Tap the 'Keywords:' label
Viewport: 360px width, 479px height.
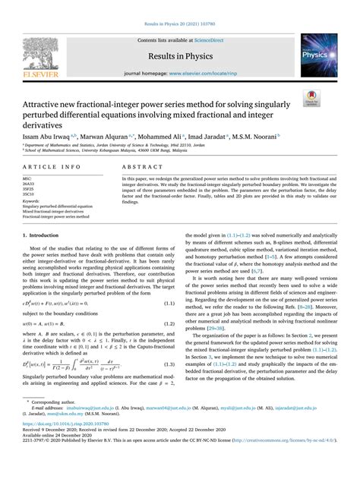tap(33, 200)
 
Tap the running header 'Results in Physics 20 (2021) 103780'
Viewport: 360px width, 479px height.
tap(180, 15)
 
